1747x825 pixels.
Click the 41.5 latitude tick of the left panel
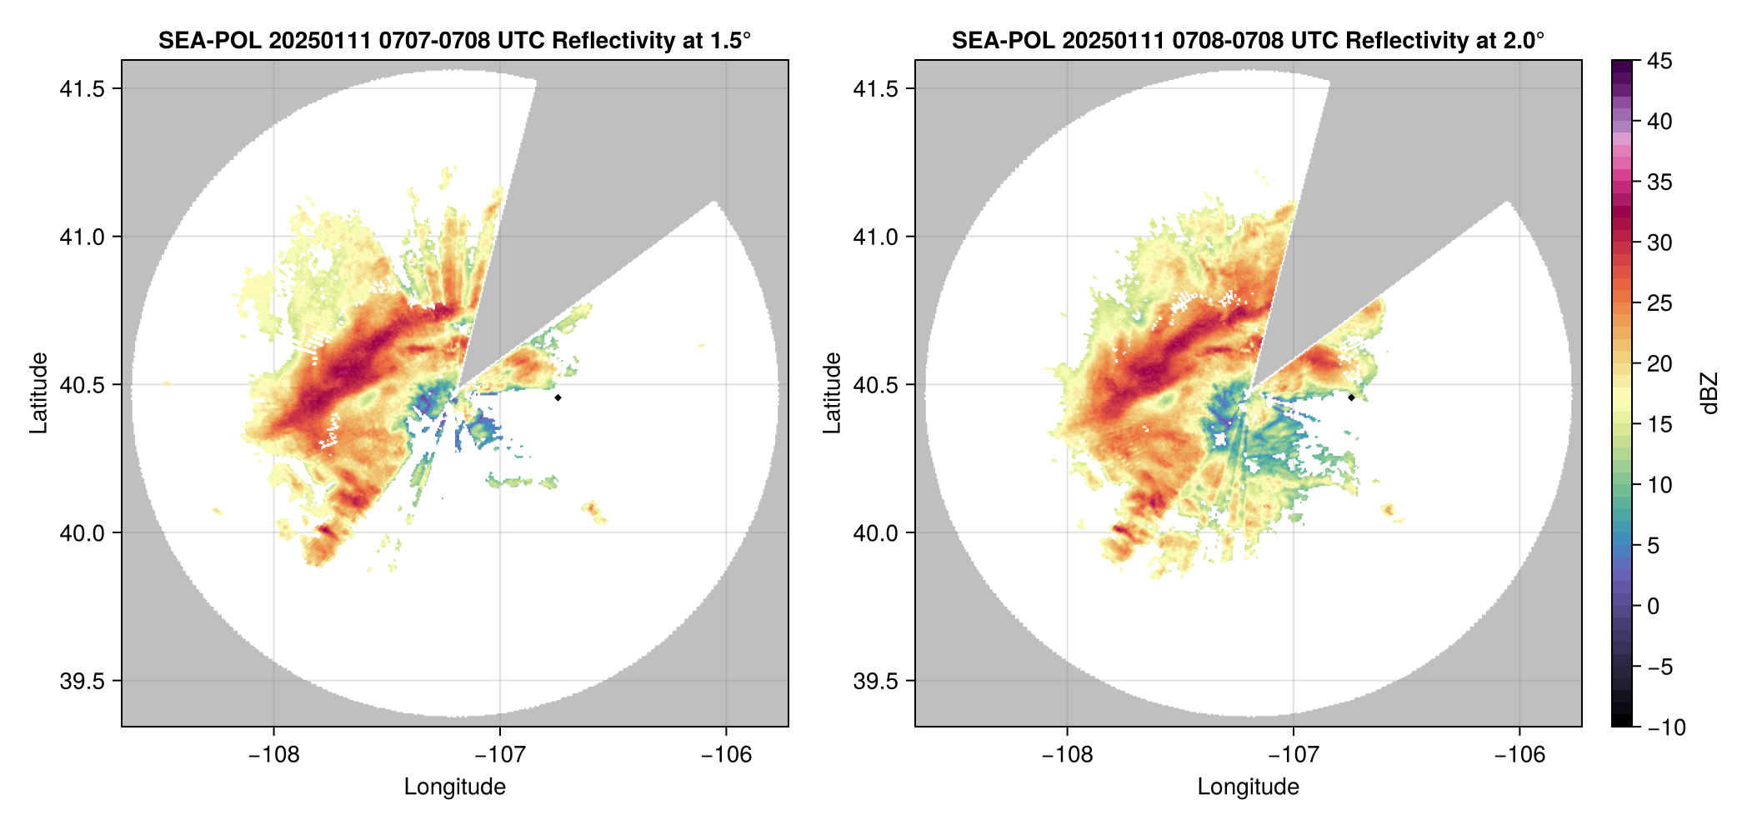click(x=82, y=89)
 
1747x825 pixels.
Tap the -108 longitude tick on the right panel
click(x=1067, y=755)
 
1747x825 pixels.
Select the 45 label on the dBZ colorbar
click(x=1659, y=61)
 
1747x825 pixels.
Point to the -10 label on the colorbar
click(x=1666, y=727)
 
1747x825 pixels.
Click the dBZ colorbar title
click(x=1710, y=393)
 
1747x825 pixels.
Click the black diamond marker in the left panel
click(x=558, y=397)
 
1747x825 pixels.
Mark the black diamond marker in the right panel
click(x=1351, y=397)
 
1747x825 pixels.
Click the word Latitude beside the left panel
click(x=38, y=393)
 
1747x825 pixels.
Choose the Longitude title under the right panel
click(x=1248, y=787)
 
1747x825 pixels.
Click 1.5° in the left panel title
click(x=724, y=41)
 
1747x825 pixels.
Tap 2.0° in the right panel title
click(x=1518, y=41)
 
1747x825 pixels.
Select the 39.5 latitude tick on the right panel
click(x=875, y=681)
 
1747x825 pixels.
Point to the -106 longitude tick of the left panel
click(x=726, y=755)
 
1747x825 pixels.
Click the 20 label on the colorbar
click(x=1659, y=364)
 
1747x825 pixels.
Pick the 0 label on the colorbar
click(x=1654, y=607)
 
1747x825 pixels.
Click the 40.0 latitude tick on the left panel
click(x=82, y=533)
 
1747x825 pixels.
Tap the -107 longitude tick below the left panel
click(x=499, y=755)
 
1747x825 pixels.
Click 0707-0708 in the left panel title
click(x=434, y=41)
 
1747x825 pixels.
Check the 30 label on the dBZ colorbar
click(x=1659, y=243)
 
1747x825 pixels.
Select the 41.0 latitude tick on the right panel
click(x=875, y=237)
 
